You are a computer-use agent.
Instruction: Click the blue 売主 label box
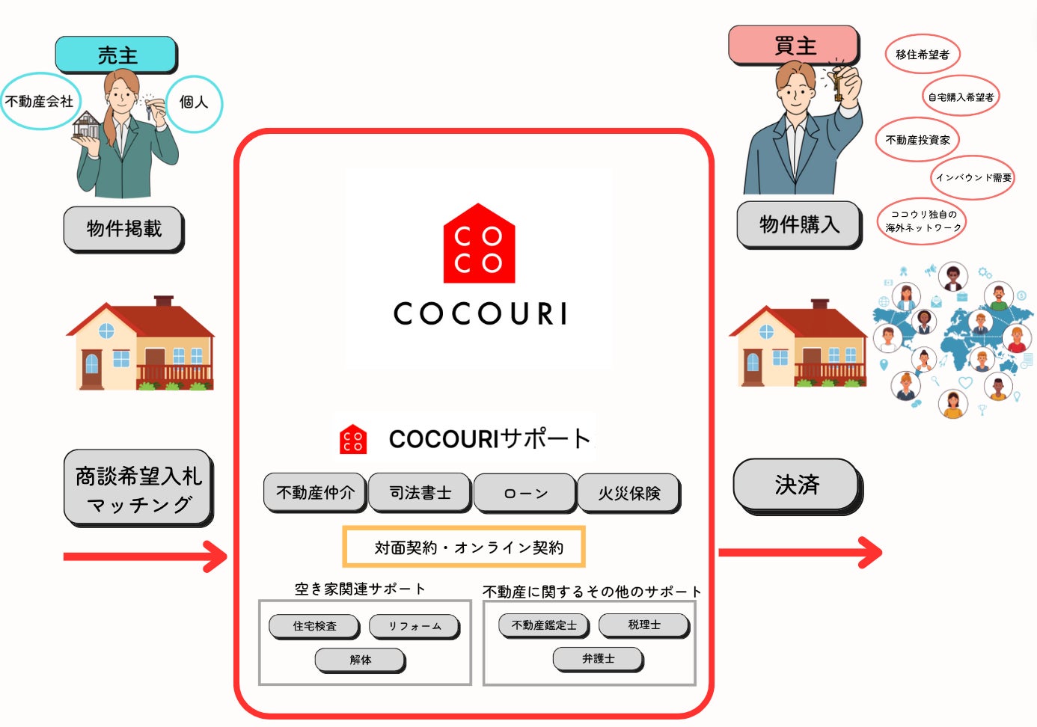tap(116, 55)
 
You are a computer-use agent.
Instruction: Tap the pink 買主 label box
tap(794, 45)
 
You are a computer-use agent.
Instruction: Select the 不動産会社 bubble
tap(40, 101)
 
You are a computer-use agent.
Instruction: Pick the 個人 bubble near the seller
tap(194, 102)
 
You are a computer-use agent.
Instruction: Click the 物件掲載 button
tap(123, 228)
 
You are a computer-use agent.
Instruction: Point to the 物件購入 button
tap(799, 224)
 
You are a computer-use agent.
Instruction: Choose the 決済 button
tap(797, 485)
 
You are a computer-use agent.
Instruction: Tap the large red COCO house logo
tap(479, 245)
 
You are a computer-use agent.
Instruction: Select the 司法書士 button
tap(420, 492)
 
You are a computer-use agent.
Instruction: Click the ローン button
tap(525, 493)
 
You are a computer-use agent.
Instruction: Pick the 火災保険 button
tap(628, 493)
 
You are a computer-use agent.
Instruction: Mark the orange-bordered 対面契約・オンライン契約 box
tap(464, 547)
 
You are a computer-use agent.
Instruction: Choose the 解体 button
tap(360, 660)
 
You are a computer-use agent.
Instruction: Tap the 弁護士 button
tap(598, 658)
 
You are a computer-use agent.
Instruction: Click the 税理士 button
tap(643, 625)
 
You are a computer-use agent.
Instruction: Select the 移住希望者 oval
tap(922, 54)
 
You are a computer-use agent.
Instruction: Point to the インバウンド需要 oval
tap(973, 177)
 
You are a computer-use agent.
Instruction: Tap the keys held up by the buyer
tap(839, 84)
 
